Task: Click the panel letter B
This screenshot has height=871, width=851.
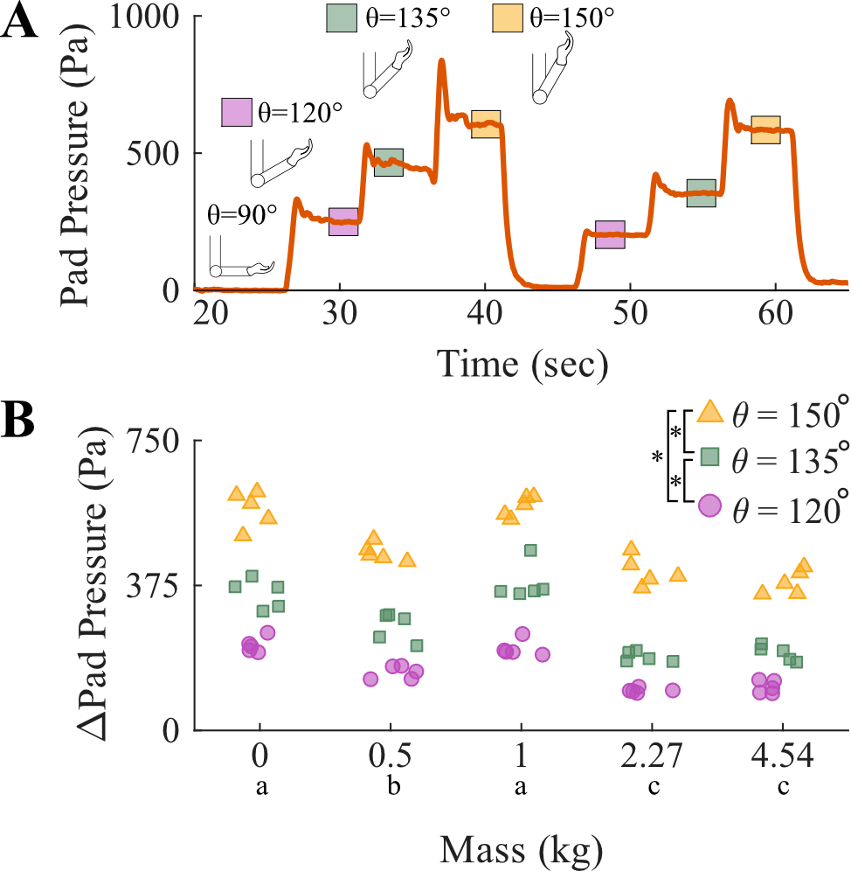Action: point(19,421)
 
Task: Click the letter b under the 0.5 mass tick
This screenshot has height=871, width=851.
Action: point(393,787)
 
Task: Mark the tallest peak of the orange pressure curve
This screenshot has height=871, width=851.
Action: point(441,61)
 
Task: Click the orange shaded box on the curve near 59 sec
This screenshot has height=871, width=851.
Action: point(765,129)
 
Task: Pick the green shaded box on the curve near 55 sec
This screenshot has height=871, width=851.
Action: point(701,193)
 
